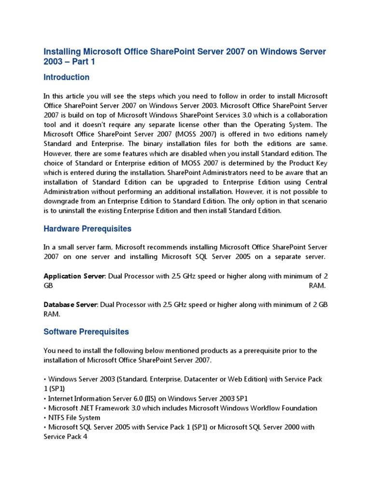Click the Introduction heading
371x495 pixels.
(66, 77)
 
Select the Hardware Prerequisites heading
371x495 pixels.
(87, 229)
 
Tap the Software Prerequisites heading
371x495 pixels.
(86, 332)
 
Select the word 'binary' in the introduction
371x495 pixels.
(157, 144)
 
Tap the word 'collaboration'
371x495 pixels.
(304, 116)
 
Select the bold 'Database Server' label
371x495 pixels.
(71, 305)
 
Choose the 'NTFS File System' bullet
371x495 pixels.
(73, 417)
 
